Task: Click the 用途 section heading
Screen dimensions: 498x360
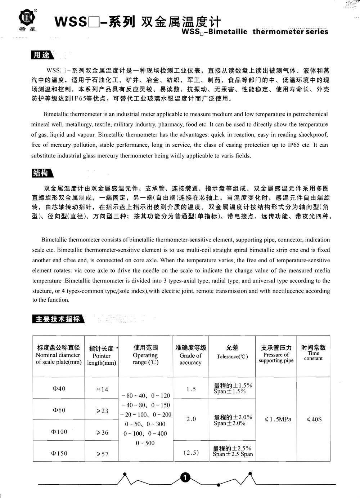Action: tap(41, 55)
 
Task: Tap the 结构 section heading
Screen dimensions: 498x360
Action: tap(41, 173)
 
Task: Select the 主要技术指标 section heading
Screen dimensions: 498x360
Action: tap(57, 319)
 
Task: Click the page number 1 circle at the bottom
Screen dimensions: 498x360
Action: tap(185, 478)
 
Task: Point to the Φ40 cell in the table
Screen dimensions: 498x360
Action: tap(59, 388)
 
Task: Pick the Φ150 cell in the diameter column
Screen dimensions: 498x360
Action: tap(59, 453)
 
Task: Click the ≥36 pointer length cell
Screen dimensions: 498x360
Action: tap(102, 432)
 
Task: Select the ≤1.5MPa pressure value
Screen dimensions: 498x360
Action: tap(276, 419)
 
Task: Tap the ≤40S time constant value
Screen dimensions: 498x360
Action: tap(314, 419)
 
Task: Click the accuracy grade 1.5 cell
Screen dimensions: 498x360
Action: tap(191, 389)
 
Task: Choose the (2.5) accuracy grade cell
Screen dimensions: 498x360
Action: tap(191, 453)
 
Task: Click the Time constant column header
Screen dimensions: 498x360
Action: tap(314, 353)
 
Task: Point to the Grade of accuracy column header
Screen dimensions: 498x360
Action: tap(191, 355)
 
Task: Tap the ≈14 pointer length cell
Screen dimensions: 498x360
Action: tap(102, 389)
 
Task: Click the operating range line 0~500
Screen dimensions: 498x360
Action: tap(145, 443)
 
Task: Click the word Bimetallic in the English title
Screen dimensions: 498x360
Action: tap(228, 32)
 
